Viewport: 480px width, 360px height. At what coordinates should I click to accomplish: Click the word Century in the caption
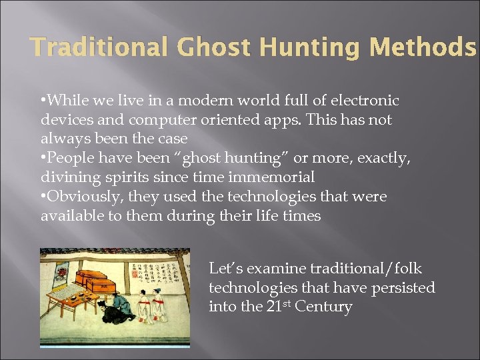(325, 307)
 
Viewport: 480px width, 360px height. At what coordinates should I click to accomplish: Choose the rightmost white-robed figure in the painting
(159, 303)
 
